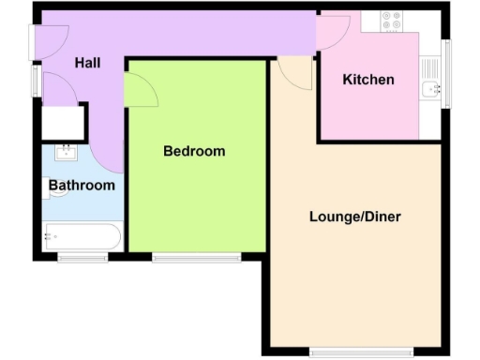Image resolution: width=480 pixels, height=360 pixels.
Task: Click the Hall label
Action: (x=87, y=63)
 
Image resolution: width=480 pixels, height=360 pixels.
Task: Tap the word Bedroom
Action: (x=194, y=151)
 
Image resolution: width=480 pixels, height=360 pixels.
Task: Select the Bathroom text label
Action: (x=82, y=186)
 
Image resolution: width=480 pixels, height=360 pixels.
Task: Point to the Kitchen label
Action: (x=367, y=80)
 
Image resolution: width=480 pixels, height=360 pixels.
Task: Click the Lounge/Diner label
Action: (x=354, y=217)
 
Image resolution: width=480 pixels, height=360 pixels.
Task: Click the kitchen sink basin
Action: (x=432, y=89)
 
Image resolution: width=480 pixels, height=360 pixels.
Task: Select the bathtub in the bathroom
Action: (x=82, y=237)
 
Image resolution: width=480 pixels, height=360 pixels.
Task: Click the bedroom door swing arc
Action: (x=141, y=91)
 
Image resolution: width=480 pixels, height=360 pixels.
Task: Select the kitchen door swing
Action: (x=333, y=34)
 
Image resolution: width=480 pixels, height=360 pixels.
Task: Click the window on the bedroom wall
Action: (x=197, y=256)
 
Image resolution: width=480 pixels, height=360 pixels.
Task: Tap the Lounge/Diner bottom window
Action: (x=360, y=353)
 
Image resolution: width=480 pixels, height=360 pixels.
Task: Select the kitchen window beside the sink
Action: (x=447, y=75)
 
